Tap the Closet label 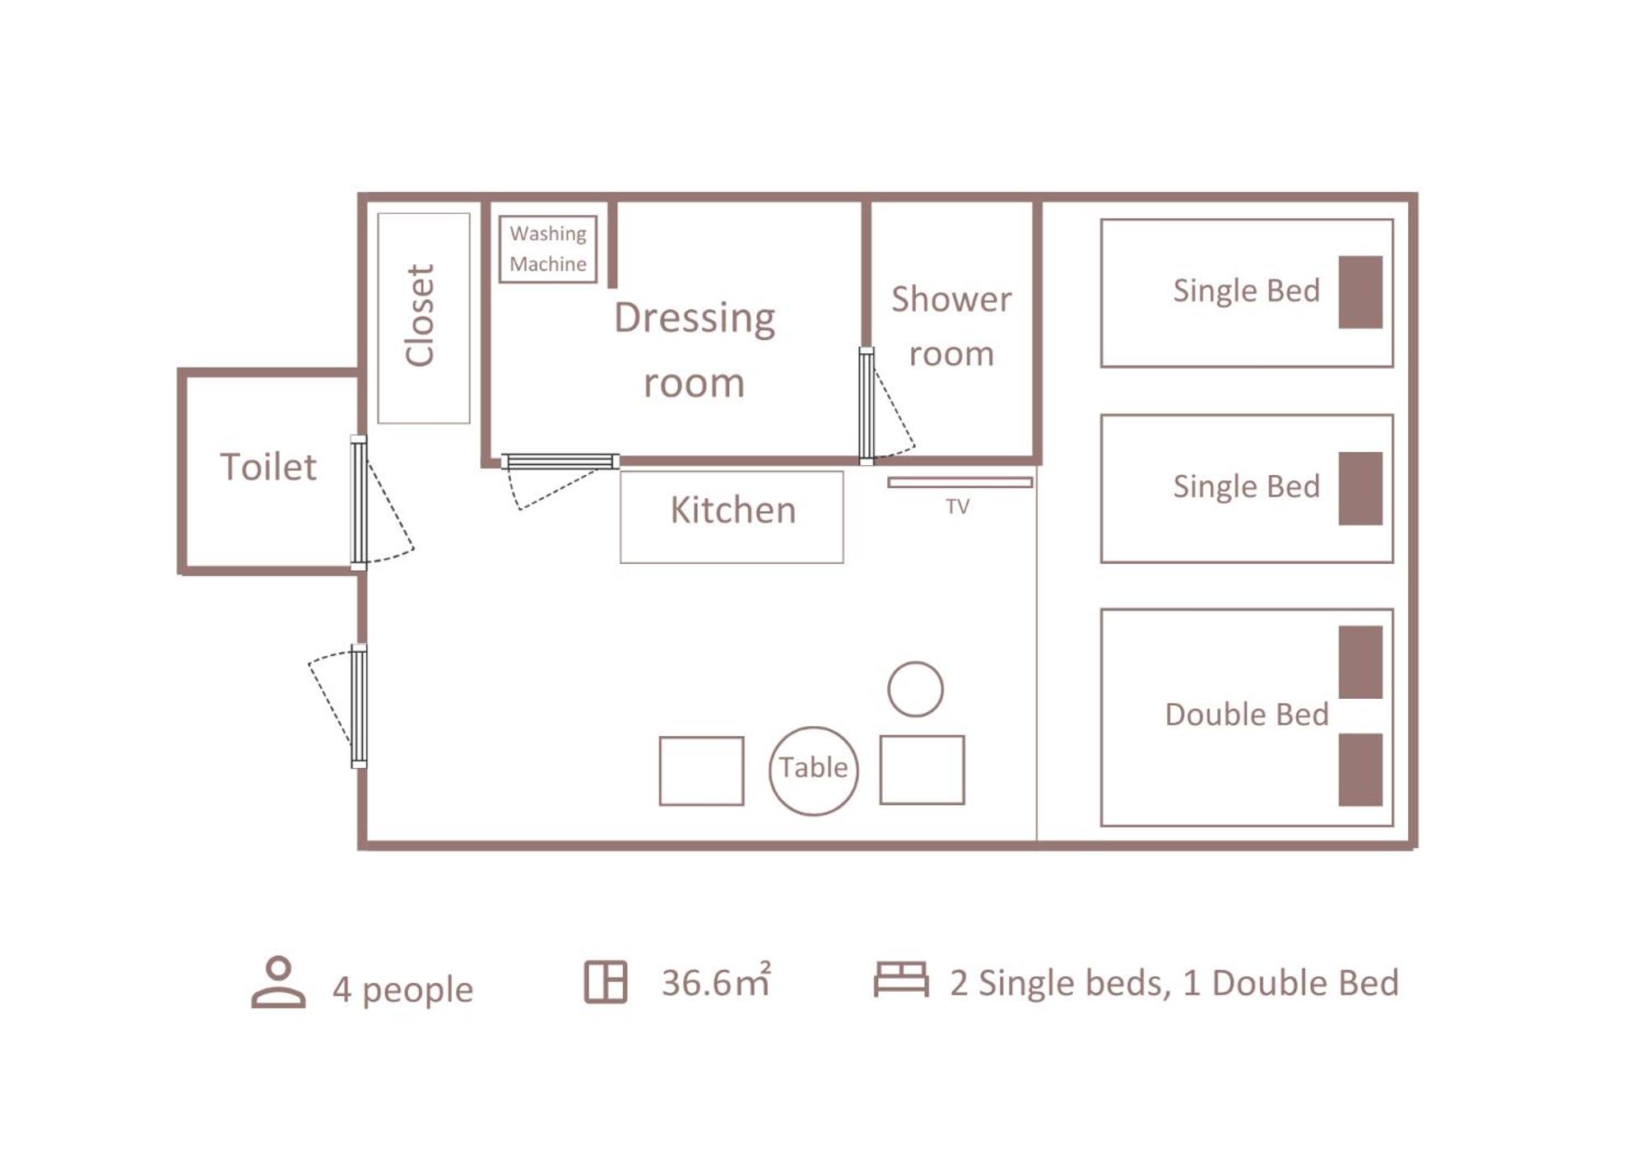click(x=420, y=315)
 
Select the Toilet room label click(x=268, y=467)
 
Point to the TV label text click(x=957, y=506)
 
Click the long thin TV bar click(x=960, y=482)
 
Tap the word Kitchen click(x=733, y=510)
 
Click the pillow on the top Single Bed click(x=1360, y=292)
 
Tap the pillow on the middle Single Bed click(x=1360, y=488)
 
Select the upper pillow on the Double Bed click(x=1360, y=662)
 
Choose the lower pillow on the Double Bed click(x=1360, y=770)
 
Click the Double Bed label click(x=1247, y=715)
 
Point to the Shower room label click(x=951, y=326)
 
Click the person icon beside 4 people click(x=278, y=982)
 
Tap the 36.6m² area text click(x=716, y=980)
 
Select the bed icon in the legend click(x=901, y=980)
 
